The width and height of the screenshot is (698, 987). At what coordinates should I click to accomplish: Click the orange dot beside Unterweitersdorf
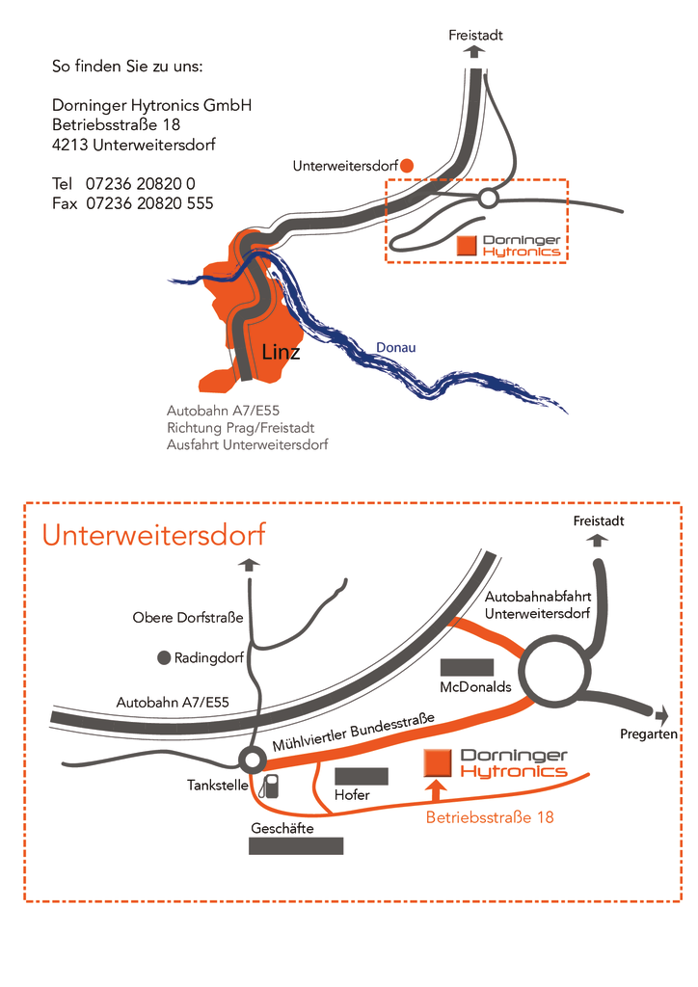pyautogui.click(x=407, y=166)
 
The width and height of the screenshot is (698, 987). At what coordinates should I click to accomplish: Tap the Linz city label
pyautogui.click(x=281, y=352)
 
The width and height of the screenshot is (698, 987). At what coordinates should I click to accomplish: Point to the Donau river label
pyautogui.click(x=396, y=347)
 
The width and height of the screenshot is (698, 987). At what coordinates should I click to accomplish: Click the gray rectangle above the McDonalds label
pyautogui.click(x=467, y=667)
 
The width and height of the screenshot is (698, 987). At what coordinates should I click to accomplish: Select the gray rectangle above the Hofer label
pyautogui.click(x=362, y=776)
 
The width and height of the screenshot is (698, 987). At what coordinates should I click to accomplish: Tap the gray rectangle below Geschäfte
pyautogui.click(x=296, y=846)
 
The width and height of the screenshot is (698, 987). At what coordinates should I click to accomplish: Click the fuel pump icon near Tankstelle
pyautogui.click(x=270, y=787)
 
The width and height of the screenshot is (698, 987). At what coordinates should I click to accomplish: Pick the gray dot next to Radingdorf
pyautogui.click(x=164, y=657)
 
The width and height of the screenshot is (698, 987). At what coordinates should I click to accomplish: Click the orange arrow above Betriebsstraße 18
pyautogui.click(x=436, y=790)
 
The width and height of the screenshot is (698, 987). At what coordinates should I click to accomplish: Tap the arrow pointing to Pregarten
pyautogui.click(x=660, y=715)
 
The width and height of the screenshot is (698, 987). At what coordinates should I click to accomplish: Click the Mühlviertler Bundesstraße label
pyautogui.click(x=354, y=733)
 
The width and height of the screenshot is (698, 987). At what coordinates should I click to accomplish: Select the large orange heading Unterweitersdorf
pyautogui.click(x=154, y=535)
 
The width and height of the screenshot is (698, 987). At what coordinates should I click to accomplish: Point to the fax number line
pyautogui.click(x=133, y=203)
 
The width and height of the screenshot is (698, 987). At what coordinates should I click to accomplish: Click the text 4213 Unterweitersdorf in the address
pyautogui.click(x=133, y=145)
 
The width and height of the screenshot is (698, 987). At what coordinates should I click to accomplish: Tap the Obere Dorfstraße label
pyautogui.click(x=188, y=618)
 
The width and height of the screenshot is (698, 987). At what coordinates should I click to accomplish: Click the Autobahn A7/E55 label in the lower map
pyautogui.click(x=173, y=703)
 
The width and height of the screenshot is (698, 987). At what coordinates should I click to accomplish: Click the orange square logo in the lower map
pyautogui.click(x=438, y=763)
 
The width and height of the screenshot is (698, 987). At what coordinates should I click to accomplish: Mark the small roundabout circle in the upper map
pyautogui.click(x=489, y=199)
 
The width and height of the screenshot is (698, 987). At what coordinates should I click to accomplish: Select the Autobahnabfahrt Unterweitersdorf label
pyautogui.click(x=538, y=605)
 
